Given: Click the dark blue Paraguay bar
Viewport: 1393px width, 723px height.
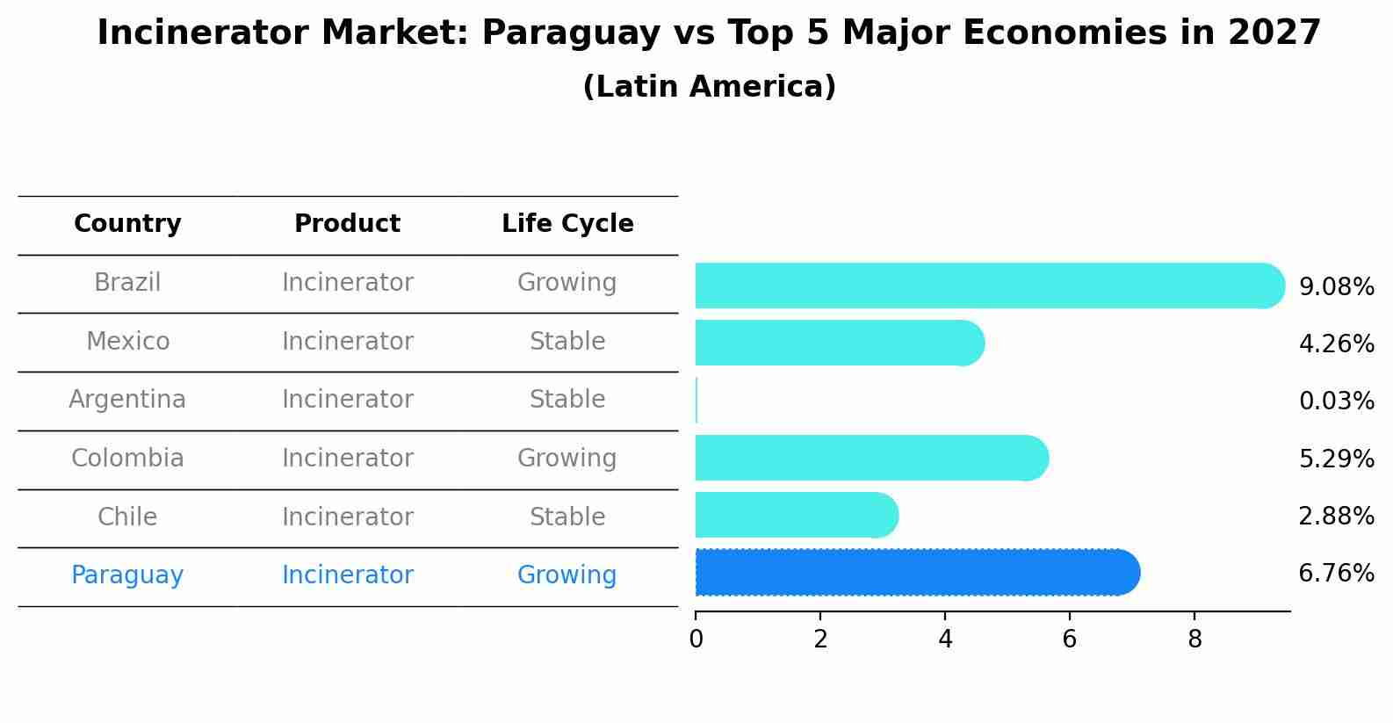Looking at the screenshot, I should pos(913,573).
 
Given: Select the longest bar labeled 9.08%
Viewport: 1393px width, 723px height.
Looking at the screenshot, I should pos(984,286).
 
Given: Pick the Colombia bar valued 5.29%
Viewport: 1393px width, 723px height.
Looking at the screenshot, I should pos(870,458).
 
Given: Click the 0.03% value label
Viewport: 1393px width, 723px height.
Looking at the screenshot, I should pos(1336,401).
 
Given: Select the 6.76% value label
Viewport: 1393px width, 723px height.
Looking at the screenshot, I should pos(1336,574).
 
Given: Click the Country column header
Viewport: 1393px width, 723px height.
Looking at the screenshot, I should pos(127,224).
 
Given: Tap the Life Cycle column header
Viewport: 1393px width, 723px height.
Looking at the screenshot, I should pos(567,224).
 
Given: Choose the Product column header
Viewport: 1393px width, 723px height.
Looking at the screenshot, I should pos(347,224).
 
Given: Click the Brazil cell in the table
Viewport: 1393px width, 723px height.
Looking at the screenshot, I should pos(127,283).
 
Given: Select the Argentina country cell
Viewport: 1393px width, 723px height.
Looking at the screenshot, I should pos(127,400).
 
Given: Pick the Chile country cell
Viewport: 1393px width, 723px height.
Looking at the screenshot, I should pos(127,517).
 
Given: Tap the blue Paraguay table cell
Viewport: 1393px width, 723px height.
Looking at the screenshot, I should pos(127,575).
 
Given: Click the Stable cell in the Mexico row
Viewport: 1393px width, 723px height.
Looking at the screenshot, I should pos(567,341).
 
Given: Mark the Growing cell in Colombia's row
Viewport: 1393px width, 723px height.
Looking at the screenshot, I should pos(567,459).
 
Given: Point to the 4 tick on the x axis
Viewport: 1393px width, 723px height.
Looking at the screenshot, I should pos(945,640).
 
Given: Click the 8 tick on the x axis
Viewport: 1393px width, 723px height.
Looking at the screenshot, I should pos(1195,640).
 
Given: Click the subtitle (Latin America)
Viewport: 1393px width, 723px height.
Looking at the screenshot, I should pos(709,87).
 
